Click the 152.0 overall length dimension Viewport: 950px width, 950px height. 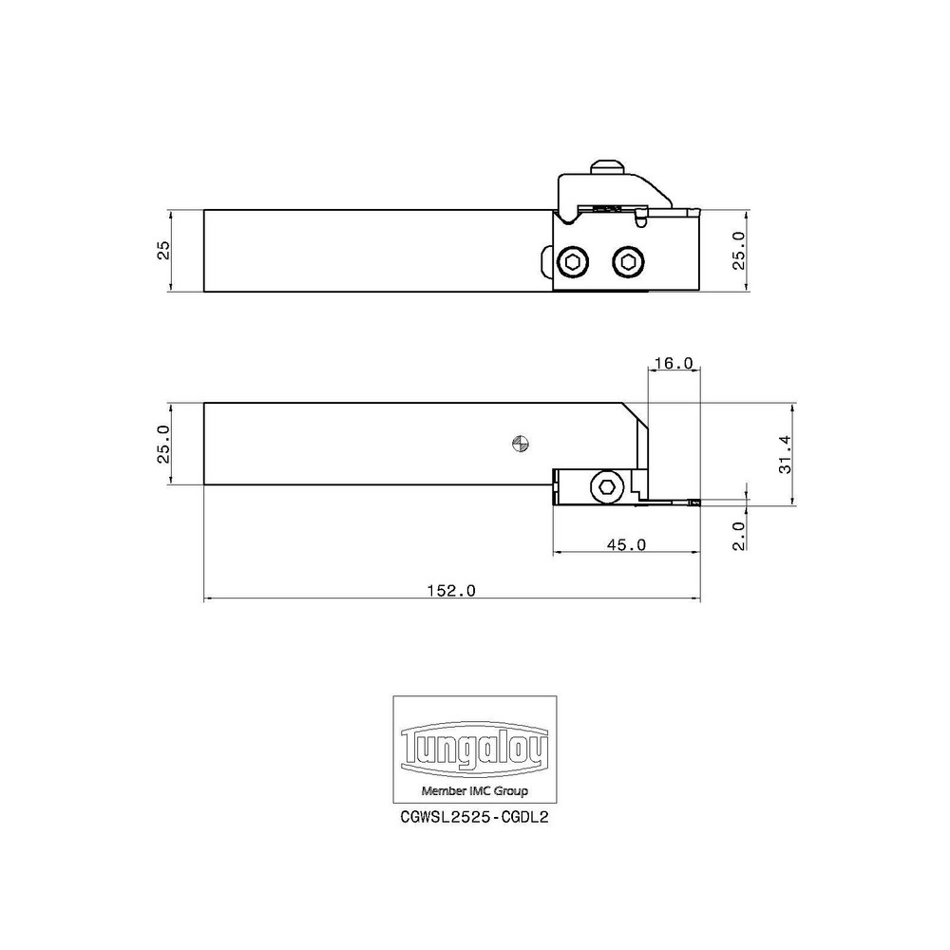point(451,590)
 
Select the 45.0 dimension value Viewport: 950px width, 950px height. point(627,544)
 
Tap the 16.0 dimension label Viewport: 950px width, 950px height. point(674,363)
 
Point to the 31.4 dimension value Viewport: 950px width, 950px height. point(784,454)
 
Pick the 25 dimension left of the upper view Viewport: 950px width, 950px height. point(163,250)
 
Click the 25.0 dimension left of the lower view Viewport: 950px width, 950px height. point(163,444)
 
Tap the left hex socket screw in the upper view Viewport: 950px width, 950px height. point(573,261)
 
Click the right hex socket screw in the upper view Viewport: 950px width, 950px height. point(627,261)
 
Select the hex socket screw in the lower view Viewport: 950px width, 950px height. point(606,487)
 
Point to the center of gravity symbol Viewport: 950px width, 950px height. point(519,442)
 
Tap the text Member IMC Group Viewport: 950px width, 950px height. point(475,790)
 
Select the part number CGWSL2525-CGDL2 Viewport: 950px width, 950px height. point(475,815)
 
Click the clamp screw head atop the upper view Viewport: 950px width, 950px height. point(606,167)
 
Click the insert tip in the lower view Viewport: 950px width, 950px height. point(694,501)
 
